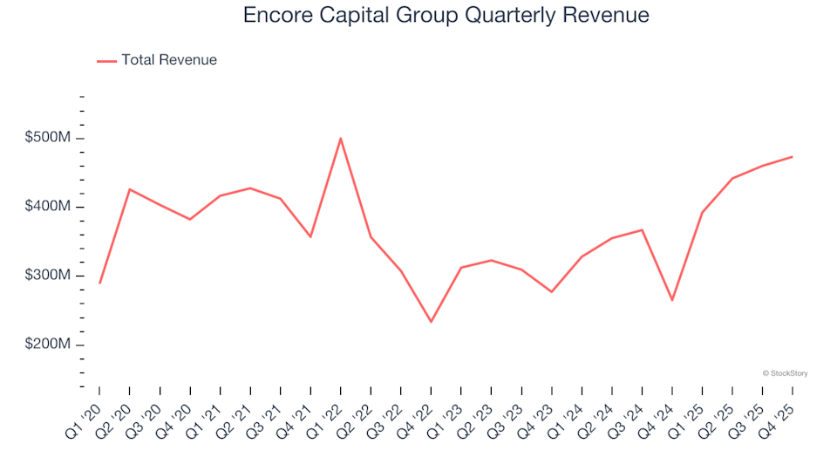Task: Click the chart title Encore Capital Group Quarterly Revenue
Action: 446,16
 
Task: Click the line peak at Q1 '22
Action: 340,139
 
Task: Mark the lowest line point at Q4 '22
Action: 431,322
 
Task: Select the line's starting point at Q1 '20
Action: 99,283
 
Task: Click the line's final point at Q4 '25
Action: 792,157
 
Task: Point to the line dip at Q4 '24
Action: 671,300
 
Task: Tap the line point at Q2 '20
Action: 130,189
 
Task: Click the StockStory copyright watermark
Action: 785,373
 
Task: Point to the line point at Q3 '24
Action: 642,230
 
